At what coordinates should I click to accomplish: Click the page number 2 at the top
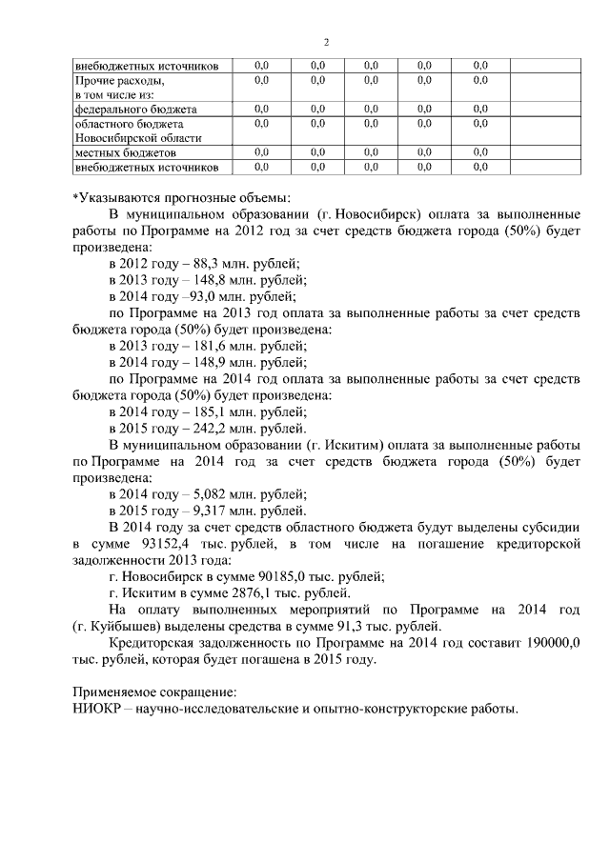tap(326, 42)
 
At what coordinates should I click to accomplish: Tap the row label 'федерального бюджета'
tap(135, 109)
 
